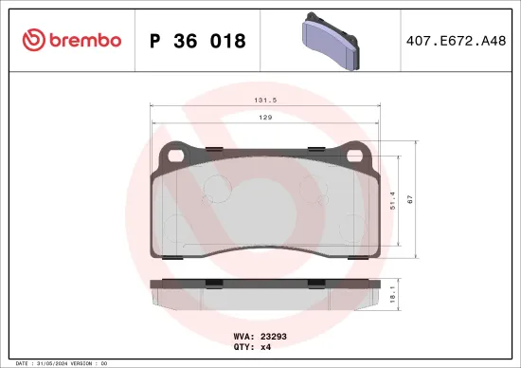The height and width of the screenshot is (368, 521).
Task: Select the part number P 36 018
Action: click(198, 41)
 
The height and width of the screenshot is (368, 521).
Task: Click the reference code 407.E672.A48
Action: click(455, 41)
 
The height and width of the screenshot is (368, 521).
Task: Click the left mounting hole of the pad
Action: click(172, 154)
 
